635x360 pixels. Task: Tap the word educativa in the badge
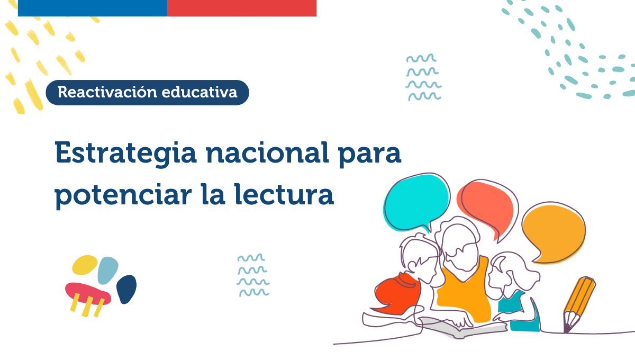[199, 92]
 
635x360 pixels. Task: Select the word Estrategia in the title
[125, 154]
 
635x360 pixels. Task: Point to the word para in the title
[370, 155]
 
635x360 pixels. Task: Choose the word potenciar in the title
[123, 196]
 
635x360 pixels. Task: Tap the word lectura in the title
[284, 194]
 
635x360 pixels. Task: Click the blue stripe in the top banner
[93, 8]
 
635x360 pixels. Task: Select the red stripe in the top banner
[242, 8]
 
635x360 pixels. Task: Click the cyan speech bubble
[416, 202]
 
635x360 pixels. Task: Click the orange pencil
[579, 304]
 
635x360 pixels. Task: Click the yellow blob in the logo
[85, 265]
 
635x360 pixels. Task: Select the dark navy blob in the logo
[126, 289]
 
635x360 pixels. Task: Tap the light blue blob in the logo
[108, 271]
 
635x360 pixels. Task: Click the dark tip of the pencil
[567, 329]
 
